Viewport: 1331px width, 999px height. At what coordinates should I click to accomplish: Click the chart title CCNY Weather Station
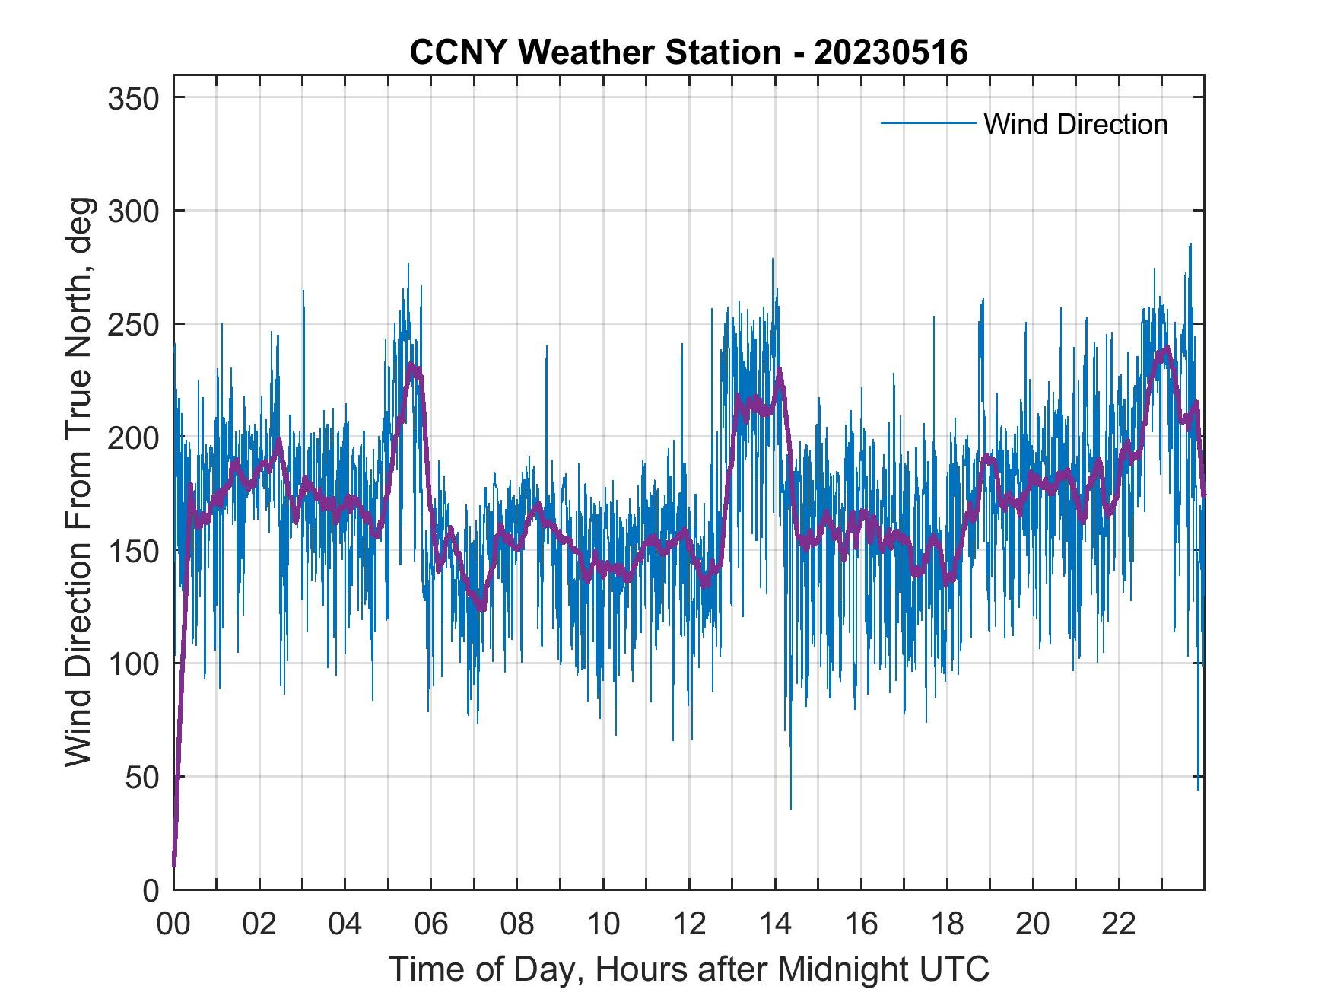(x=595, y=52)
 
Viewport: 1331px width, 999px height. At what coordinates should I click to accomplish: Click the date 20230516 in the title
(x=891, y=52)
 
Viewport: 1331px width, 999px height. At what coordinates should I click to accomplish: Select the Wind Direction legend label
(x=1075, y=124)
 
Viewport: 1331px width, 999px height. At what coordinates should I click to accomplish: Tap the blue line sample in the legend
(x=927, y=123)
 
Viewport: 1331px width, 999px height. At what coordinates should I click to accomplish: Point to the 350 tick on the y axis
(x=134, y=98)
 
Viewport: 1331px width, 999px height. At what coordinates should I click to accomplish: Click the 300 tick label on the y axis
(x=134, y=211)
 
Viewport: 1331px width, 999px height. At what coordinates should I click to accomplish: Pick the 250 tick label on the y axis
(x=134, y=324)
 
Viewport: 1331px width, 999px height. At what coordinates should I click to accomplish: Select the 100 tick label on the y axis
(x=134, y=664)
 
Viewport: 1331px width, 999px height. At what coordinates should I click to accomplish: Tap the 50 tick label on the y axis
(x=142, y=777)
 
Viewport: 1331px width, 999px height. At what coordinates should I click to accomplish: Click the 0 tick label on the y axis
(x=151, y=890)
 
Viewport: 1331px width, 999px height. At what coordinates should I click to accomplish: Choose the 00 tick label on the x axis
(x=173, y=924)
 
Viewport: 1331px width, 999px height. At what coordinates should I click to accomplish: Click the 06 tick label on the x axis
(x=431, y=924)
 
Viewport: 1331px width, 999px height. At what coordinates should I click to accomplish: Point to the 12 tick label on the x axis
(x=689, y=924)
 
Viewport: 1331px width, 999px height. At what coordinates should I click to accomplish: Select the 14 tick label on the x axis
(x=775, y=924)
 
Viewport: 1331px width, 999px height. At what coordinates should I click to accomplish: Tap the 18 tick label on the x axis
(x=947, y=924)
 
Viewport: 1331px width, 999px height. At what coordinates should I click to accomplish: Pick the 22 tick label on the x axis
(x=1119, y=924)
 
